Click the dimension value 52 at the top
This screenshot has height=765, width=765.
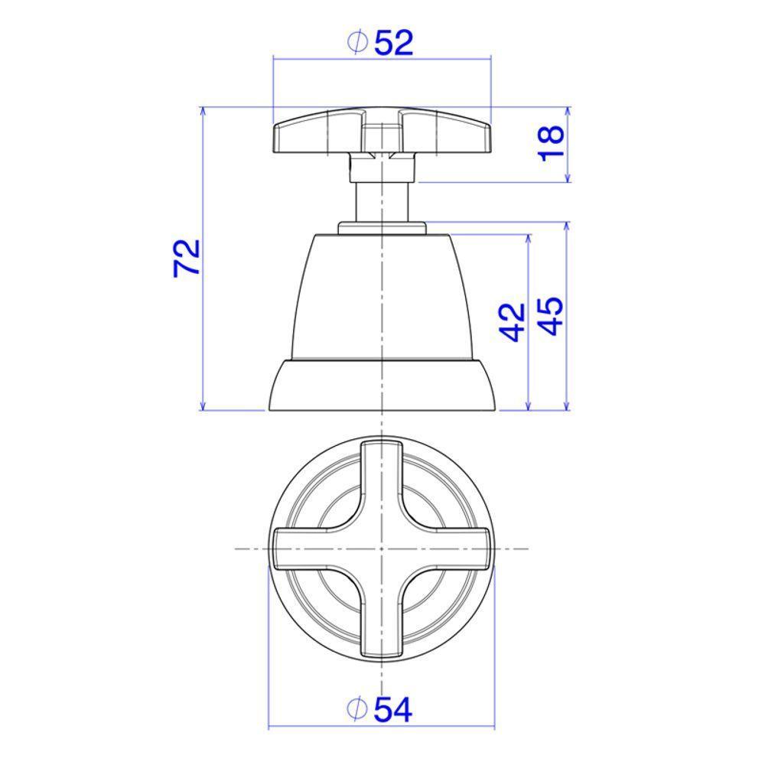click(394, 44)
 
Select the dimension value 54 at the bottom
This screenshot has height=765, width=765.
click(393, 711)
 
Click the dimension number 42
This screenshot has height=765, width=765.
click(512, 321)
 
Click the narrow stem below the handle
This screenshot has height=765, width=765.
click(382, 202)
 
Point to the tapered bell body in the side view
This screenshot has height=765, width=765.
click(382, 298)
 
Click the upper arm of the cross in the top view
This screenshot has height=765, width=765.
click(382, 482)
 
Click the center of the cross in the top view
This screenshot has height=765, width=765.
click(382, 549)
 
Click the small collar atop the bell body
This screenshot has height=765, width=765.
click(382, 228)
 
